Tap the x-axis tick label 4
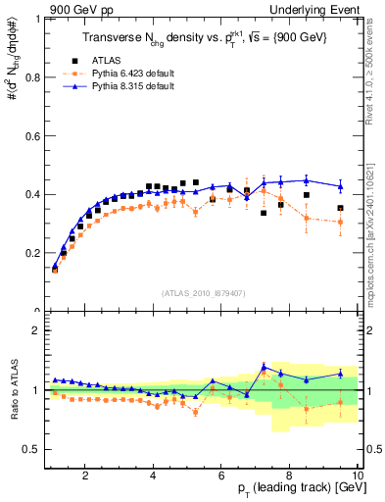(x=154, y=476)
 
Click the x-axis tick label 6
(x=222, y=476)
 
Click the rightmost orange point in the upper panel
(x=341, y=223)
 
